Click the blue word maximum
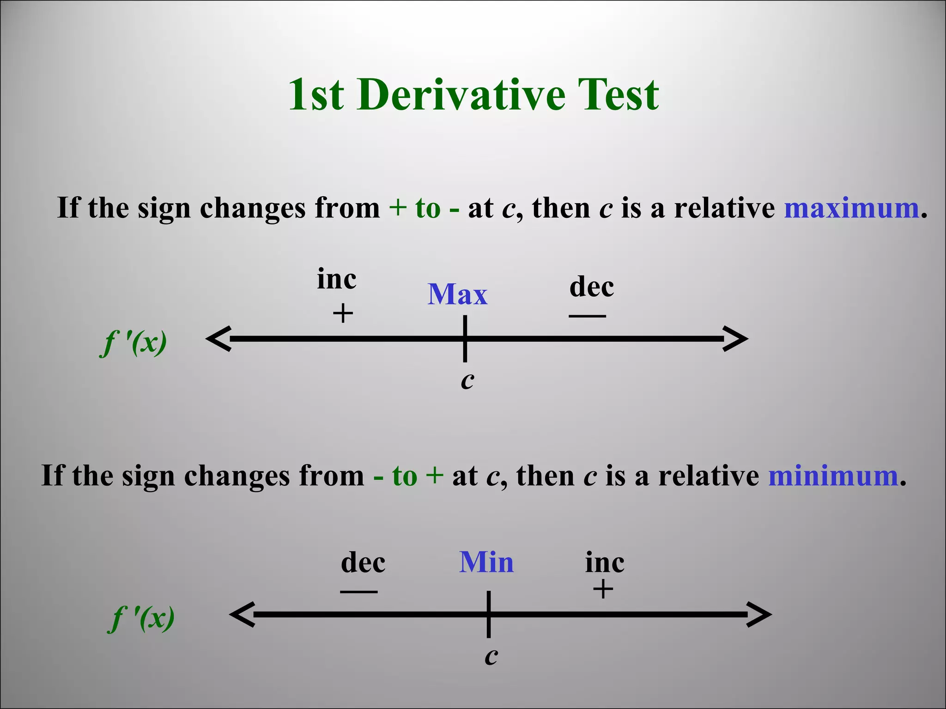pyautogui.click(x=851, y=208)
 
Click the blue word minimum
pyautogui.click(x=833, y=476)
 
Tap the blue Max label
pyautogui.click(x=457, y=294)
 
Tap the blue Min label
pyautogui.click(x=486, y=562)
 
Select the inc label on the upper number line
pyautogui.click(x=336, y=279)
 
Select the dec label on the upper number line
pyautogui.click(x=592, y=287)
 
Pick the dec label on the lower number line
pyautogui.click(x=363, y=562)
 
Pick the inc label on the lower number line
pyautogui.click(x=605, y=563)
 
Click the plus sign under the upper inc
pyautogui.click(x=343, y=314)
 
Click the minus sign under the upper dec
pyautogui.click(x=587, y=316)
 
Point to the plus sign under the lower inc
pyautogui.click(x=603, y=589)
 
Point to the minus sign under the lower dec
pyautogui.click(x=358, y=592)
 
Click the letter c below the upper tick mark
pyautogui.click(x=467, y=381)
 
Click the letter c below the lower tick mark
pyautogui.click(x=491, y=656)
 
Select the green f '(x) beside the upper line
pyautogui.click(x=133, y=343)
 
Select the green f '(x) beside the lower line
pyautogui.click(x=142, y=619)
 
